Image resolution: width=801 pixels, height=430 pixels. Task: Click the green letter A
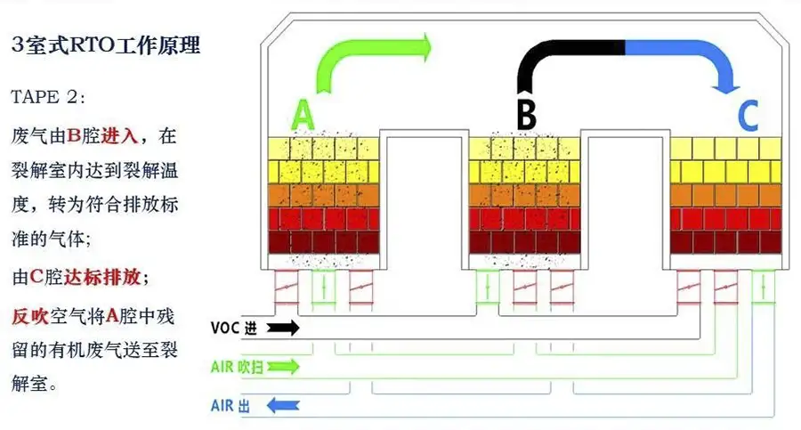303,116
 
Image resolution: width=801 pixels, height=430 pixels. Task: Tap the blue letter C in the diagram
748,116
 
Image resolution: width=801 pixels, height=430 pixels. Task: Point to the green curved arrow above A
356,58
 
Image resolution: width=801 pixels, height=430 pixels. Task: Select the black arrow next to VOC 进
284,328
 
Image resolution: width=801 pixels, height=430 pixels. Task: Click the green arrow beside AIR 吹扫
284,366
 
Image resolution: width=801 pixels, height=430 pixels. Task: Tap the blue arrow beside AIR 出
284,406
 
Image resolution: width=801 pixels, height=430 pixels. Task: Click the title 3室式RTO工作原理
106,46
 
